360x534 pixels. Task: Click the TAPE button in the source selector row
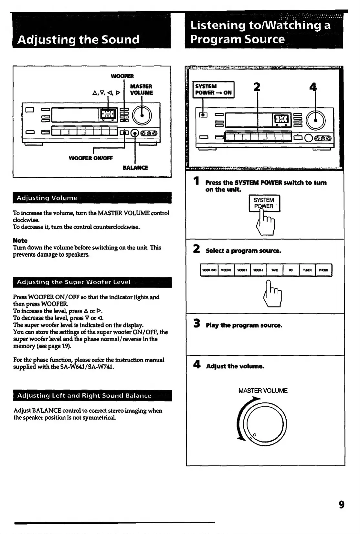[275, 270]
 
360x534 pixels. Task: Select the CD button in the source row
[291, 270]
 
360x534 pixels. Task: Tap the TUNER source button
[307, 270]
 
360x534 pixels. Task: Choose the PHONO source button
[323, 270]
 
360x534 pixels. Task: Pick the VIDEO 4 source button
[258, 270]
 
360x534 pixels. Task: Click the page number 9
[341, 505]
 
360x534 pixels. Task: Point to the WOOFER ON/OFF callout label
[91, 158]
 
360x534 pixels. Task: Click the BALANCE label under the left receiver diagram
[135, 167]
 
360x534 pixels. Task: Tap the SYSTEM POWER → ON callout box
[213, 90]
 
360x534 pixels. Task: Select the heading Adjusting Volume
[47, 198]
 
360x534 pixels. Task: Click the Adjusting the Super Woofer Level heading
[74, 282]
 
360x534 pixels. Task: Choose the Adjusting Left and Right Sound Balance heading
[84, 395]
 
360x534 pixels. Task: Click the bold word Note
[20, 240]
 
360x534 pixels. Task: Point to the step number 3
[196, 324]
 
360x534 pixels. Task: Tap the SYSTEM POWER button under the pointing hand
[264, 203]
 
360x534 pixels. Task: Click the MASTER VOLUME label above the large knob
[263, 390]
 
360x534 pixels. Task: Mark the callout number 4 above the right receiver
[313, 87]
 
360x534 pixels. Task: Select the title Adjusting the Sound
[79, 39]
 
